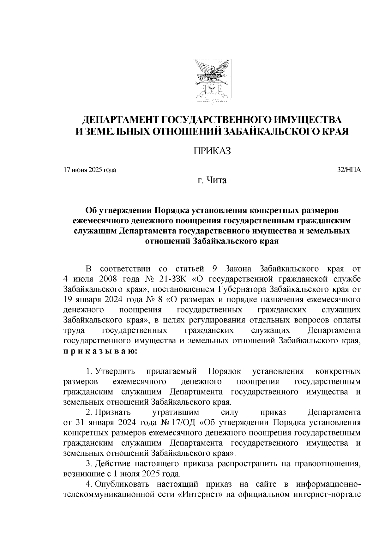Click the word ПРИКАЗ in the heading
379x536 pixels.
click(x=212, y=151)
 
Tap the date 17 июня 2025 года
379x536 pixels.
click(x=90, y=170)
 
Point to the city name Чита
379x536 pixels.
click(x=216, y=181)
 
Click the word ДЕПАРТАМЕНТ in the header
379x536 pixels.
click(x=121, y=120)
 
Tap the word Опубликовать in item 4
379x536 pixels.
click(x=122, y=484)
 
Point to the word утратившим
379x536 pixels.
click(x=176, y=413)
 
